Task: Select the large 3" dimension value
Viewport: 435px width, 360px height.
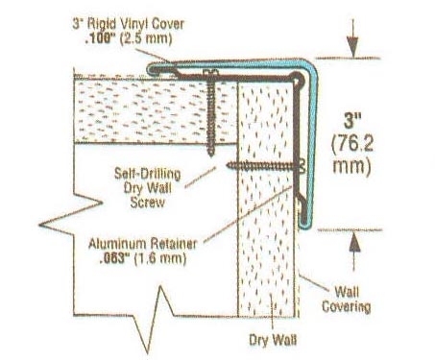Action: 355,122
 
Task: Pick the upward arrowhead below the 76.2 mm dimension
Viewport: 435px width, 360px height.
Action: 354,242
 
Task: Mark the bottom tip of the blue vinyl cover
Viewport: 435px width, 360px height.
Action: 307,227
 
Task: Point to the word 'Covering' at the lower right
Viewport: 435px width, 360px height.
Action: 354,307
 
